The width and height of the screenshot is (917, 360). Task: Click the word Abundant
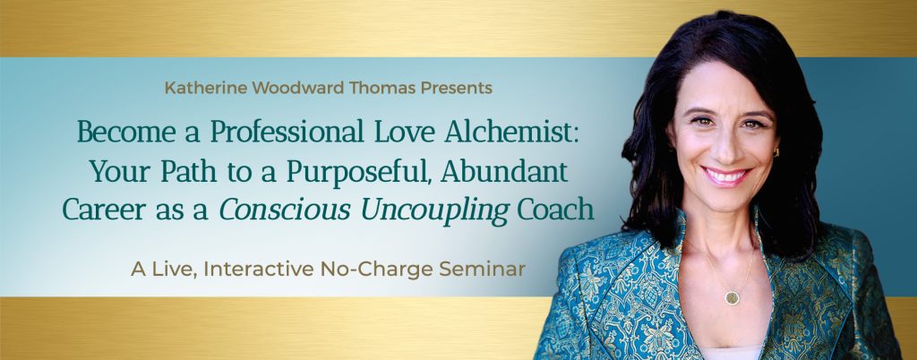505,171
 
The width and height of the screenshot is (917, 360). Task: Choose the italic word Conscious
284,210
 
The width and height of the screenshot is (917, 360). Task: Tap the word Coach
556,210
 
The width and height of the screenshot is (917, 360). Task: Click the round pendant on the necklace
731,296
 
